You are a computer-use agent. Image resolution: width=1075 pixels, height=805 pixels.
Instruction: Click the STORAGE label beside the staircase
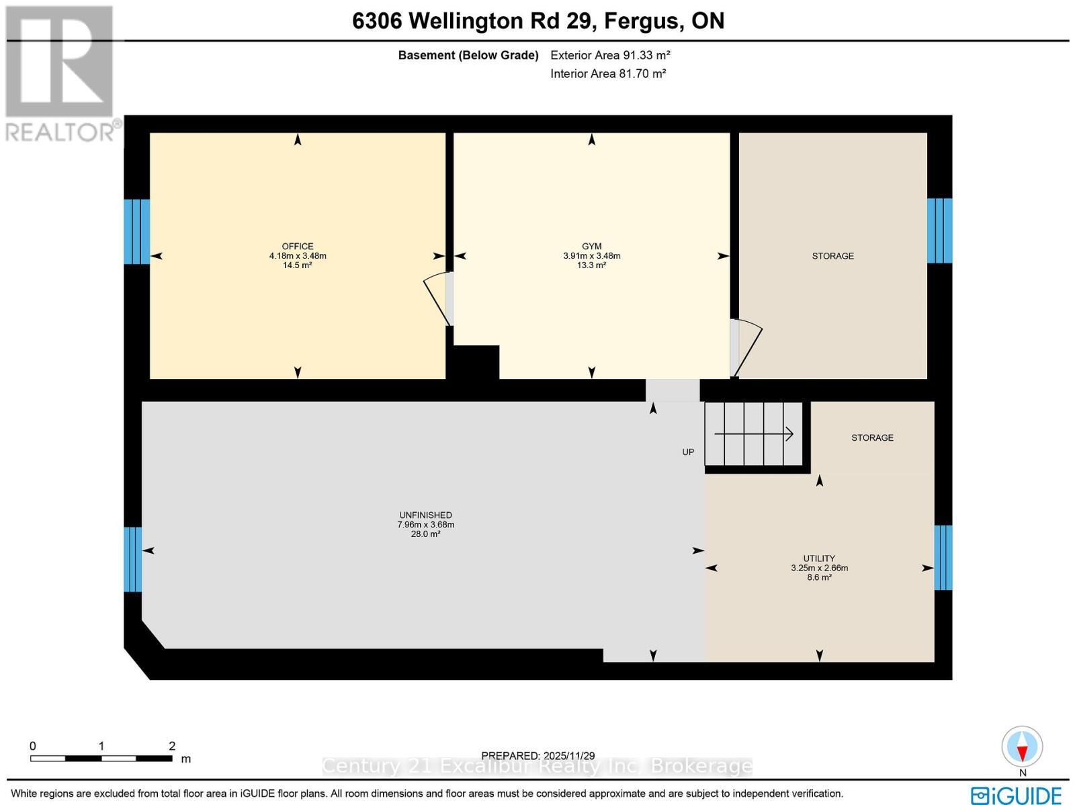click(872, 437)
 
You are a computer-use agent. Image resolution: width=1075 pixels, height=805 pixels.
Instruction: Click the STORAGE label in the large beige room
click(832, 256)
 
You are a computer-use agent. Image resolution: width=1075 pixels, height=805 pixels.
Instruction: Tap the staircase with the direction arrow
click(754, 434)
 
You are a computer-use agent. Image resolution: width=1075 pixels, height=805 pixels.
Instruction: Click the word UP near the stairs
click(688, 452)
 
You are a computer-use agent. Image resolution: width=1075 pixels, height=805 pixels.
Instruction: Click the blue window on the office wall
click(136, 231)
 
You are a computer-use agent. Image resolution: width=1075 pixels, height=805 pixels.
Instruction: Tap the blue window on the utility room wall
click(943, 557)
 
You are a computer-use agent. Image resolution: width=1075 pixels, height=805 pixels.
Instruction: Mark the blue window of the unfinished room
click(133, 559)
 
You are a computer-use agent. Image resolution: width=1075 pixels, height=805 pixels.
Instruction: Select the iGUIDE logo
click(1016, 795)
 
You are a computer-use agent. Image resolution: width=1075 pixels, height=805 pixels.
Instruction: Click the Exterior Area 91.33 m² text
click(610, 55)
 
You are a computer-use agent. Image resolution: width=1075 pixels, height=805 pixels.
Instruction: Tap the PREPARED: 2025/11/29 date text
click(538, 756)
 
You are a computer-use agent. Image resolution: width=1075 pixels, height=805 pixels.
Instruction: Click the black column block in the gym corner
click(476, 363)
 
